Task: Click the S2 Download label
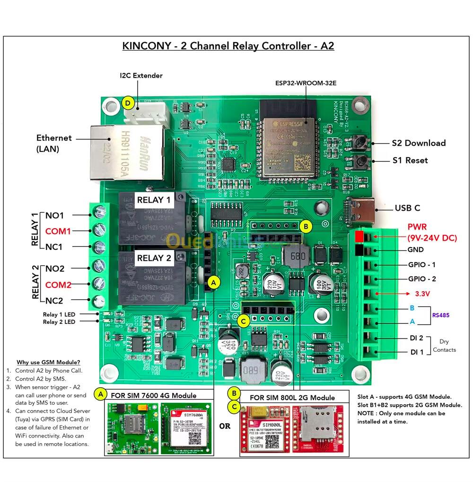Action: coord(418,143)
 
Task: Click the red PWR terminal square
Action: coord(359,235)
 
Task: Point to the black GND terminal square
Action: coord(359,250)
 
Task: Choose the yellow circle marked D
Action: coord(127,103)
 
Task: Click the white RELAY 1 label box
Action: coord(154,200)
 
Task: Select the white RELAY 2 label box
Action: coord(154,258)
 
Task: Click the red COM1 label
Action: coord(58,231)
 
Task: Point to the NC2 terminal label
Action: coord(54,300)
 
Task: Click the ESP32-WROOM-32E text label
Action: coord(306,82)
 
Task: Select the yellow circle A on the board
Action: coord(214,282)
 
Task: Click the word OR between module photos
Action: coord(225,426)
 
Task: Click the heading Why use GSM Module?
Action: coord(48,362)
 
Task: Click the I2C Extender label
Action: coord(141,75)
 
